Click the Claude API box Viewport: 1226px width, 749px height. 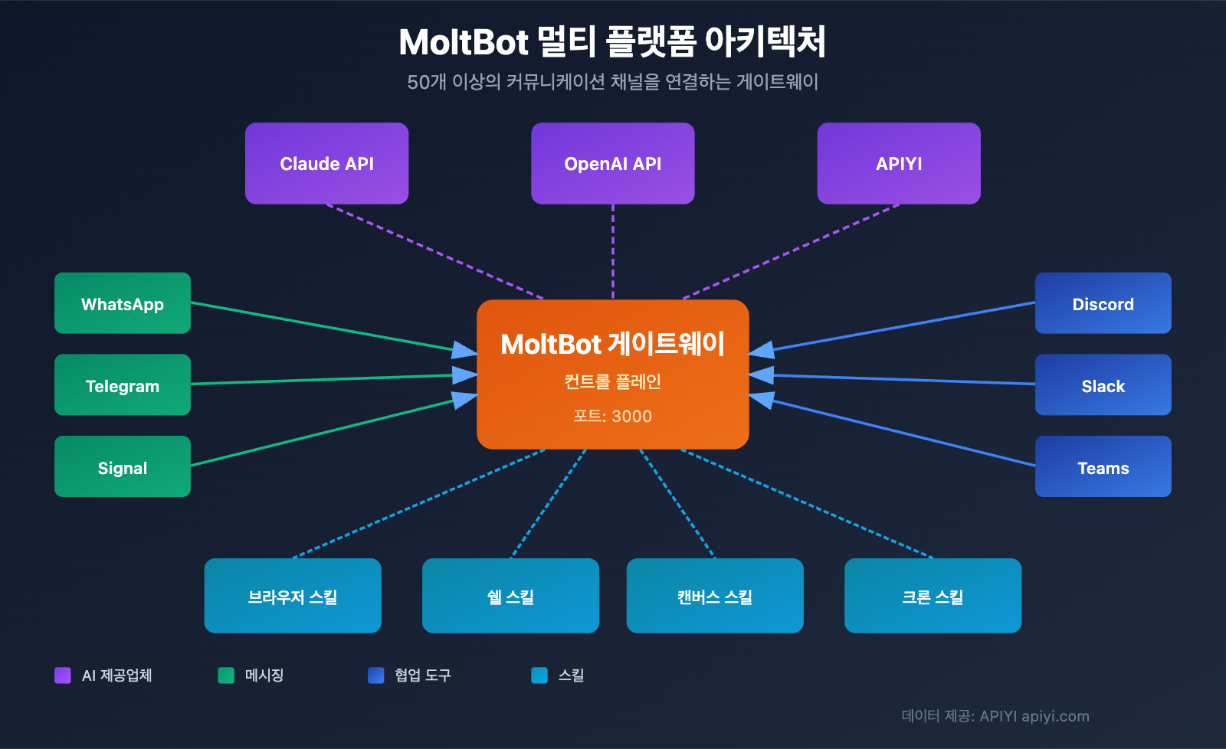click(326, 164)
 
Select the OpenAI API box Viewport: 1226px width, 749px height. click(612, 164)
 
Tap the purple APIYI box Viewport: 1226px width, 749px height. click(899, 164)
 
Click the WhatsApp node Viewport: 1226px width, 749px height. click(123, 303)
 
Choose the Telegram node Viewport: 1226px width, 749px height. click(123, 385)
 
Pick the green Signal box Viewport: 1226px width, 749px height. click(123, 467)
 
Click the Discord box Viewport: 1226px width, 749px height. click(1103, 303)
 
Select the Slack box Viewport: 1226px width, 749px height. click(1103, 385)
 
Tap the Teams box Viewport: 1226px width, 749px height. click(1103, 467)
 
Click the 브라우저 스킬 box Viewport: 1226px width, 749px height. click(293, 596)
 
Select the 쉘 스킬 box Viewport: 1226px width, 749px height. click(510, 596)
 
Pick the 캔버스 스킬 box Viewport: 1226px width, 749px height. click(715, 596)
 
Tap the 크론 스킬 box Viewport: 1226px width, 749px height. click(933, 596)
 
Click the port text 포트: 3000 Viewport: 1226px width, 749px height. click(612, 417)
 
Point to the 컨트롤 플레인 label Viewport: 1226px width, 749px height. click(612, 381)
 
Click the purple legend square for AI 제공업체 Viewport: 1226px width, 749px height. click(63, 675)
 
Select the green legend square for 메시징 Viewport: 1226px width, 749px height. click(226, 675)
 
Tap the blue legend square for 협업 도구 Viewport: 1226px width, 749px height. click(375, 675)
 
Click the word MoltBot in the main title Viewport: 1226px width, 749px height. click(464, 43)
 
